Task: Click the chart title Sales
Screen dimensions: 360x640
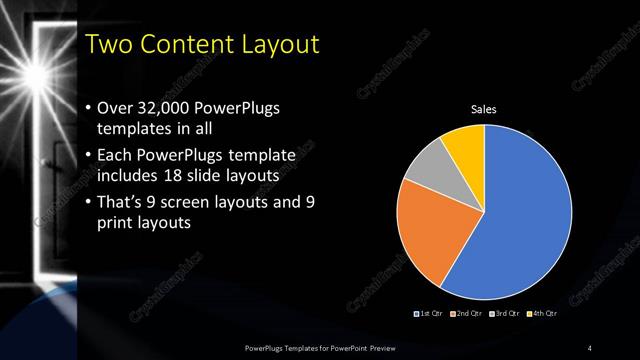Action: [x=484, y=109]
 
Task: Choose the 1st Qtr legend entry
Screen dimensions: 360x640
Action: [x=430, y=314]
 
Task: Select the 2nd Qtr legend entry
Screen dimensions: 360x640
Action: [x=466, y=314]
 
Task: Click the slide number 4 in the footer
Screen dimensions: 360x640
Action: [x=591, y=347]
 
